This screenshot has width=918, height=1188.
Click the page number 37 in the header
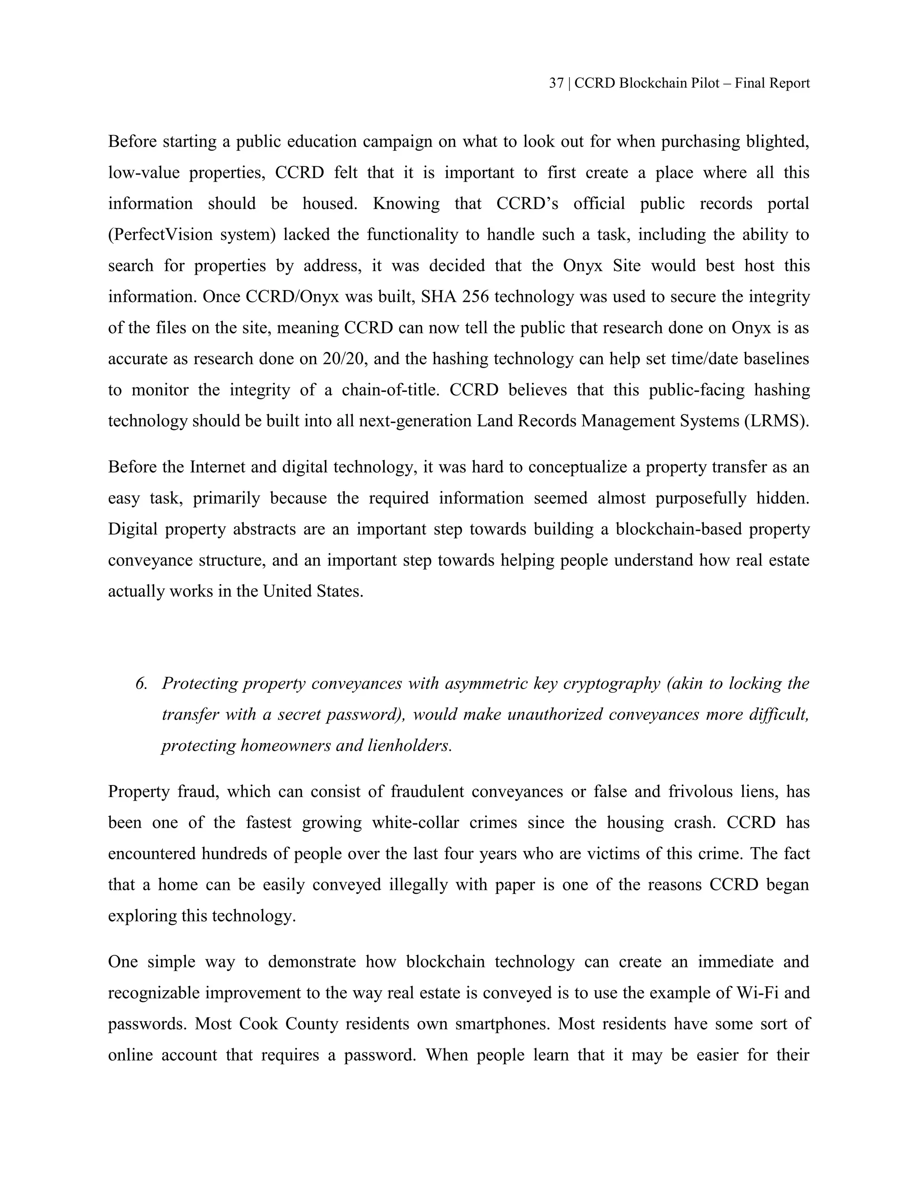click(x=556, y=83)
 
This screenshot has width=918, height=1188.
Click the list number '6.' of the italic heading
click(x=141, y=683)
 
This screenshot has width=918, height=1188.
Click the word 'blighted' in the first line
click(x=778, y=142)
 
